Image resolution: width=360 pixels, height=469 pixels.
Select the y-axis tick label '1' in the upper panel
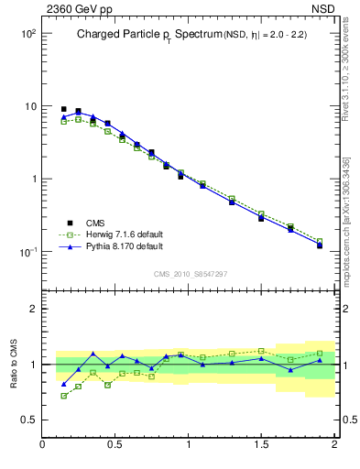31,179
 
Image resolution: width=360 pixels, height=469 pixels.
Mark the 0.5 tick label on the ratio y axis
27,420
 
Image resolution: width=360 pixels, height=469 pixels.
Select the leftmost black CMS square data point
64,109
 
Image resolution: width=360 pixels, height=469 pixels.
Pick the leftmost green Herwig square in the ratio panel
64,396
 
